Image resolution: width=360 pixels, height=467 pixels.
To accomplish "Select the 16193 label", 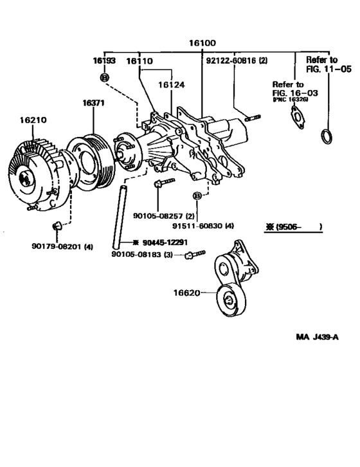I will pyautogui.click(x=103, y=60).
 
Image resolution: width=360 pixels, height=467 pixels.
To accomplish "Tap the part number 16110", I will pyautogui.click(x=138, y=60).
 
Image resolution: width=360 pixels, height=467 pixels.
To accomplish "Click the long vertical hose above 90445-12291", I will pyautogui.click(x=119, y=212).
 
